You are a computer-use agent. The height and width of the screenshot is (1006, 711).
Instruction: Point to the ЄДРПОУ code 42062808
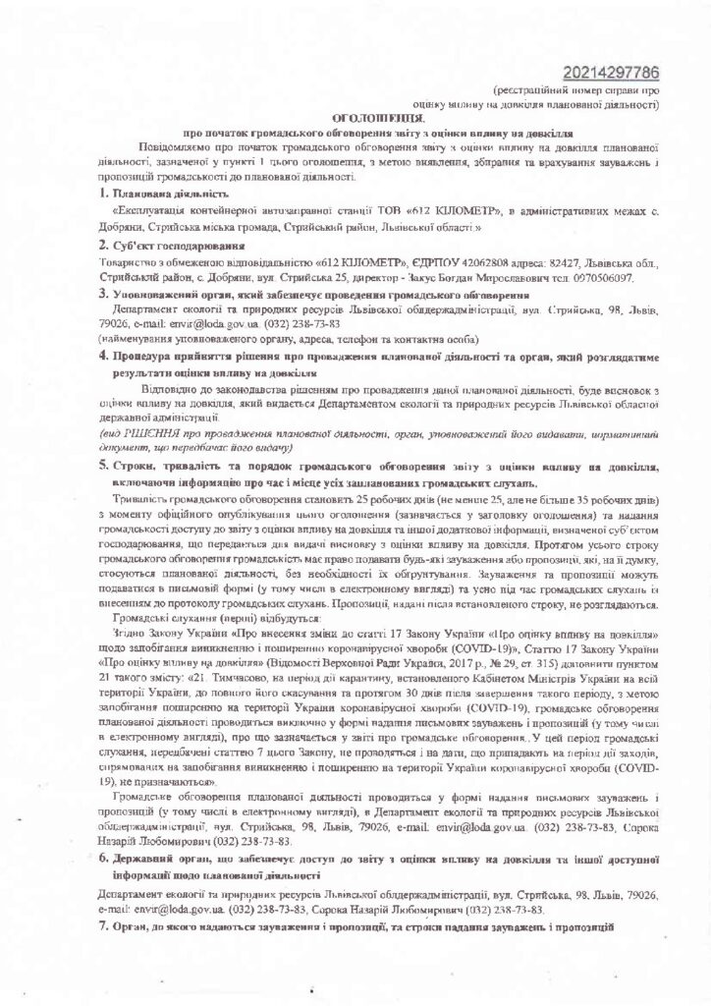[454, 263]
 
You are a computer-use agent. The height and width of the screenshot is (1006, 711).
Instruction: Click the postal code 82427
[531, 263]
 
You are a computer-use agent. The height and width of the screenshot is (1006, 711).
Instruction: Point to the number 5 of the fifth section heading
[104, 463]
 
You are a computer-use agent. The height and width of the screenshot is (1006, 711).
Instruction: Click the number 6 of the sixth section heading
[104, 860]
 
